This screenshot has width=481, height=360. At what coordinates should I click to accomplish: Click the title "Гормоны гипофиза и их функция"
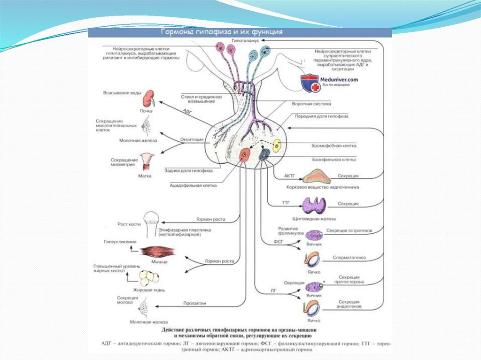tap(222, 32)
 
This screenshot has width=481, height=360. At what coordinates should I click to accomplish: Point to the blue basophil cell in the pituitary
tap(265, 153)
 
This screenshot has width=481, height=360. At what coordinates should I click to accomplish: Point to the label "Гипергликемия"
tap(120, 242)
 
